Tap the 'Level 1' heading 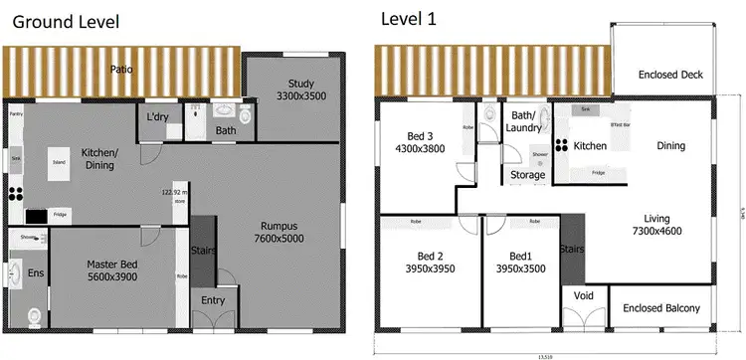[408, 18]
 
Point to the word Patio [122, 70]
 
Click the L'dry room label [158, 117]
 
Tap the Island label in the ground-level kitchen [59, 161]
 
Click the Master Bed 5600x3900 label [110, 270]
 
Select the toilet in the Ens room [35, 315]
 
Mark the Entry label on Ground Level [213, 300]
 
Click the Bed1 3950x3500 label [520, 262]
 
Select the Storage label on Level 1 [526, 175]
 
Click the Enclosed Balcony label [661, 307]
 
